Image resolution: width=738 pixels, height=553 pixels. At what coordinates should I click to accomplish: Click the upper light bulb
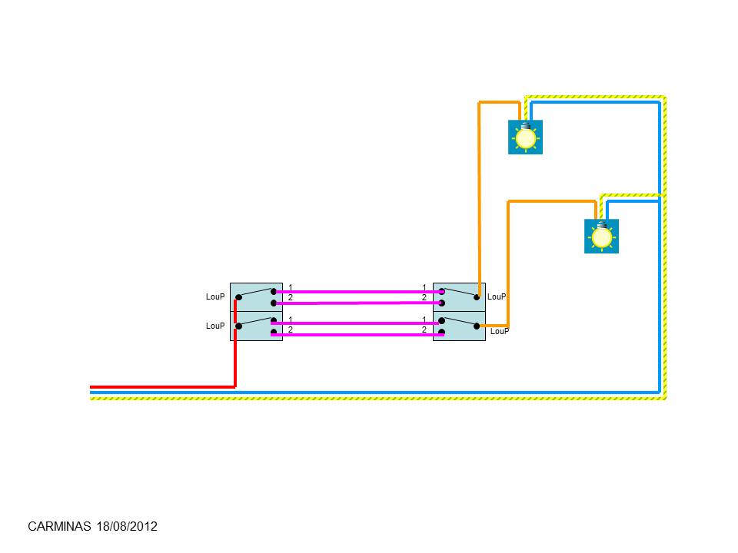point(526,137)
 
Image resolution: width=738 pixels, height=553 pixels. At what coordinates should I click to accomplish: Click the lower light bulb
point(601,237)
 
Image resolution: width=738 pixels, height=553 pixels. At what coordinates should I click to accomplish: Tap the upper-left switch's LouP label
point(215,296)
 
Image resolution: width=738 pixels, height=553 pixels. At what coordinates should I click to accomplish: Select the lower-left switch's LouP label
point(215,326)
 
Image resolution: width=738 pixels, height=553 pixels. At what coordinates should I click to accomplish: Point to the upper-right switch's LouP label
point(497,296)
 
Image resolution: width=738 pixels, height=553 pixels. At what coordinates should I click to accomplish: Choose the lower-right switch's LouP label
point(500,331)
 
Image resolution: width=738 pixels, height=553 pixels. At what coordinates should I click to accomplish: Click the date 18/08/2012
point(127,527)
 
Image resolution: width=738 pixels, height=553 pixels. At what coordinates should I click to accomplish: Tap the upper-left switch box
point(255,296)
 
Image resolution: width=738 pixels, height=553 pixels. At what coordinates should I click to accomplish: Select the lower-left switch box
point(255,327)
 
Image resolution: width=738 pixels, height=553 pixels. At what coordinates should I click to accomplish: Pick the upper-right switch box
point(460,296)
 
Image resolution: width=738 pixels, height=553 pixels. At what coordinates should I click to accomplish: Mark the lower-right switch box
point(460,327)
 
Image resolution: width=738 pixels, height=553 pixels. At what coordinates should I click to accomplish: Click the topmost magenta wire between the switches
point(357,292)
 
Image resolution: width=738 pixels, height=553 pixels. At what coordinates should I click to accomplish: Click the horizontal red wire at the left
point(161,387)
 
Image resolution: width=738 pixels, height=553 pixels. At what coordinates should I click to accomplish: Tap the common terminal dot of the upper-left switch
point(238,297)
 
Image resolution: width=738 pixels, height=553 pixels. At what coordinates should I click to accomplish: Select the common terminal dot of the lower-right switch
point(477,326)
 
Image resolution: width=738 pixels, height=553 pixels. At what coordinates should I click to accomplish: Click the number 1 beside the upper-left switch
point(290,287)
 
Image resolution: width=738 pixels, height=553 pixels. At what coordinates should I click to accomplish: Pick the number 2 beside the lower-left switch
point(290,329)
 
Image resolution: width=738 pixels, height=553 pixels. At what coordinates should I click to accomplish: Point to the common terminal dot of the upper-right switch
point(477,296)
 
